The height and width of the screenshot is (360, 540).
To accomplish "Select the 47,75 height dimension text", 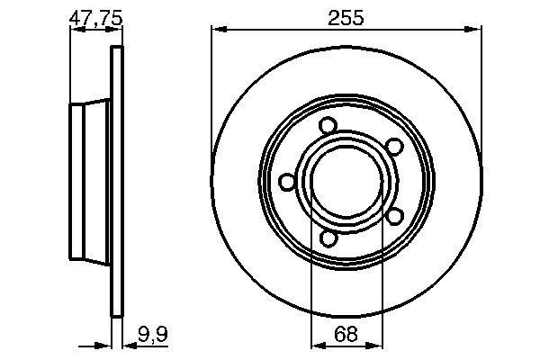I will click(x=95, y=18).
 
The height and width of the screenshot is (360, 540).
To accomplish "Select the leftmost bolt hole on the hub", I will click(x=287, y=183).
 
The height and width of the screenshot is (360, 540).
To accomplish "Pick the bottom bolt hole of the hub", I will click(x=328, y=238).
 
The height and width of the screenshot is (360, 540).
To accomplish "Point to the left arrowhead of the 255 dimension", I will click(x=217, y=31).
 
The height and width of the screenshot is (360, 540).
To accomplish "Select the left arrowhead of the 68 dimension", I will click(x=316, y=344).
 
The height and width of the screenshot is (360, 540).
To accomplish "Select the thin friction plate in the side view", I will click(x=115, y=183).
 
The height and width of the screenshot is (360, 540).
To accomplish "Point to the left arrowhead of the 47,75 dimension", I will click(x=75, y=31).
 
